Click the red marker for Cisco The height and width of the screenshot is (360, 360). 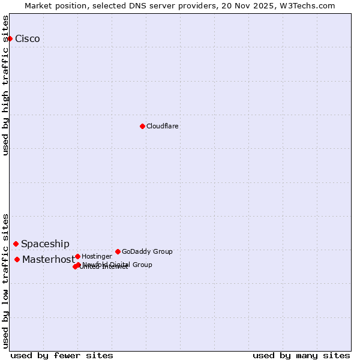pyautogui.click(x=10, y=38)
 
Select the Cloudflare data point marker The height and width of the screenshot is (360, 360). pyautogui.click(x=142, y=126)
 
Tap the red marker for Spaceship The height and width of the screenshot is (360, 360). pyautogui.click(x=16, y=244)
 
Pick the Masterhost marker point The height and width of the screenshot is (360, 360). pyautogui.click(x=17, y=259)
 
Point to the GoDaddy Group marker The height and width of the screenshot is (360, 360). pyautogui.click(x=118, y=251)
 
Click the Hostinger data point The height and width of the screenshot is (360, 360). pyautogui.click(x=77, y=256)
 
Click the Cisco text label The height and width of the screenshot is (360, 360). pyautogui.click(x=28, y=39)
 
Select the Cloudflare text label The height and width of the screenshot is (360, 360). pyautogui.click(x=163, y=127)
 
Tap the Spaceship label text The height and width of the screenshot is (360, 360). pyautogui.click(x=45, y=244)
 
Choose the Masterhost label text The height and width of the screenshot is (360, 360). pyautogui.click(x=48, y=260)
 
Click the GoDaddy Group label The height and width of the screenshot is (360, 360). pyautogui.click(x=147, y=252)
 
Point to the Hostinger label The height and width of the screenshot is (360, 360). pyautogui.click(x=97, y=257)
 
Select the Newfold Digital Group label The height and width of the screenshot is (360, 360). pyautogui.click(x=118, y=265)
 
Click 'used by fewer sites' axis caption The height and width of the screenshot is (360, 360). pyautogui.click(x=62, y=355)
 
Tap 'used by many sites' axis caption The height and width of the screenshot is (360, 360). pyautogui.click(x=301, y=355)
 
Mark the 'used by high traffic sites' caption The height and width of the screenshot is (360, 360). pyautogui.click(x=6, y=85)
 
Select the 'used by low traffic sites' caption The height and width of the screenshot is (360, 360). pyautogui.click(x=6, y=280)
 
